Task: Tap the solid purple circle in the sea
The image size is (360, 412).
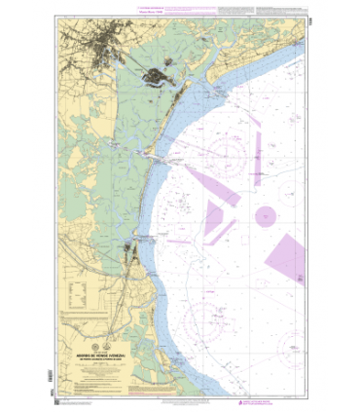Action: [x=265, y=216]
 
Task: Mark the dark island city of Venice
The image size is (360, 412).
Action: [x=156, y=79]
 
